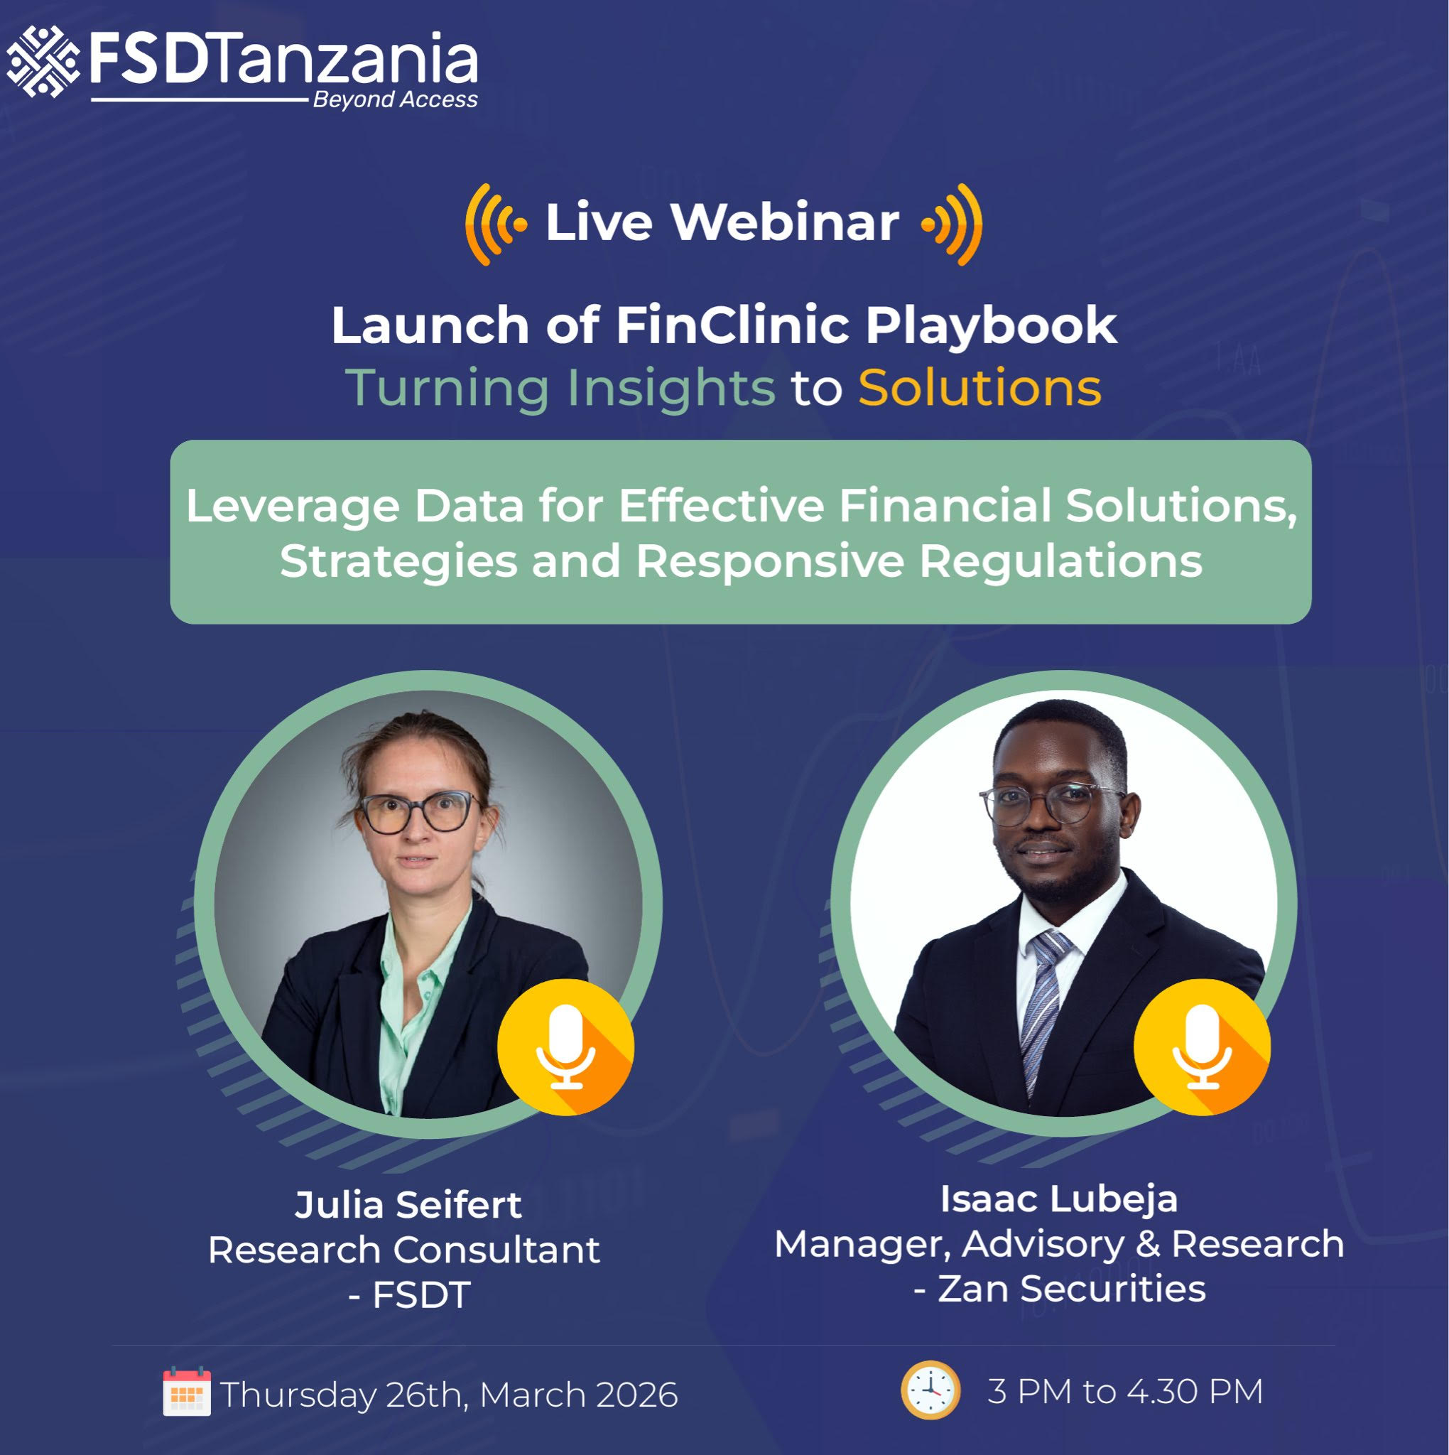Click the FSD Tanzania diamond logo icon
click(x=43, y=61)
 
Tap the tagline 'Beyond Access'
click(x=396, y=99)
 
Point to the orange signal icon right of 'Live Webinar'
click(x=952, y=225)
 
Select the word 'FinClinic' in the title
click(x=733, y=325)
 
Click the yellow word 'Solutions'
click(x=979, y=387)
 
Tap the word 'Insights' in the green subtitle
click(x=671, y=389)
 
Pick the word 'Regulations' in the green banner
click(x=1061, y=562)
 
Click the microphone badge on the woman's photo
click(x=565, y=1046)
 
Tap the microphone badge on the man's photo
click(x=1202, y=1046)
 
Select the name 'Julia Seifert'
click(x=408, y=1205)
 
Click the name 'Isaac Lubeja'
click(x=1059, y=1200)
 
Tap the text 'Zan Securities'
click(x=1072, y=1289)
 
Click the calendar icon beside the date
click(x=187, y=1392)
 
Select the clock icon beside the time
click(x=931, y=1390)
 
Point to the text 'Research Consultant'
click(x=403, y=1250)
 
